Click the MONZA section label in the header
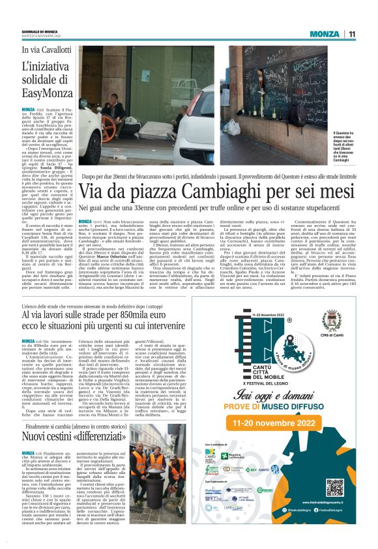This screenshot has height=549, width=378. (x=325, y=34)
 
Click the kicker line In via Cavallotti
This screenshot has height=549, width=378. (x=46, y=50)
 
